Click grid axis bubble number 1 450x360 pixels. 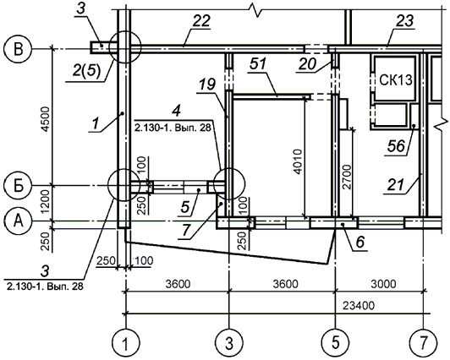(125, 343)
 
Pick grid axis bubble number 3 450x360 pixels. (229, 343)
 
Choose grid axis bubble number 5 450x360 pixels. (335, 343)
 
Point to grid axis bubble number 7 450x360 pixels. (424, 343)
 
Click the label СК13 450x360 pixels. (396, 80)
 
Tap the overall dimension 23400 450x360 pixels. (359, 306)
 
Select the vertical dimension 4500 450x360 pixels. (46, 119)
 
